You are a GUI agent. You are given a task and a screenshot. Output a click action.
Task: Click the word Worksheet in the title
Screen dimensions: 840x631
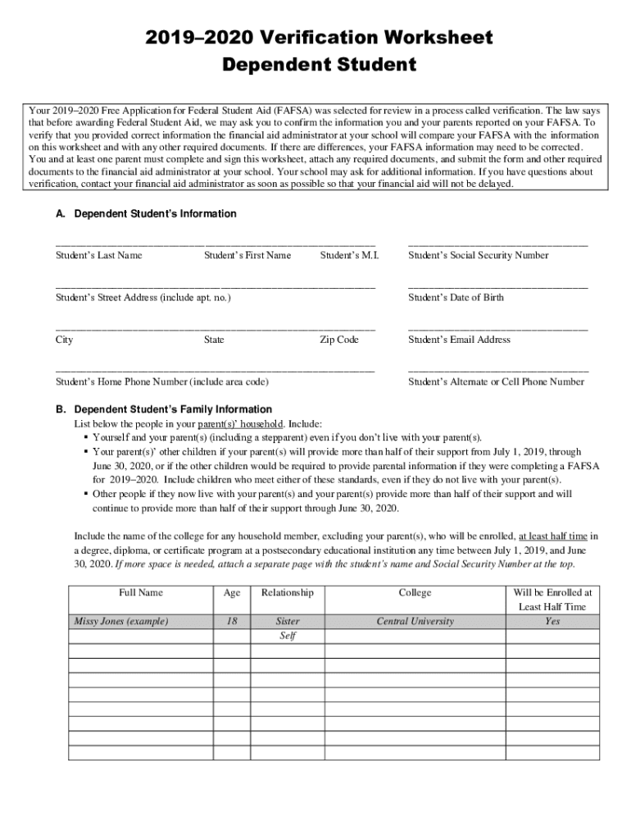pyautogui.click(x=424, y=37)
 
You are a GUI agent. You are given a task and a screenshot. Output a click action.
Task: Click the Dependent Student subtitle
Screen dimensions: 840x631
pyautogui.click(x=315, y=65)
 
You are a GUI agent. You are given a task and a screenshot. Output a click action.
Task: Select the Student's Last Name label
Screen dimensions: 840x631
pyautogui.click(x=98, y=255)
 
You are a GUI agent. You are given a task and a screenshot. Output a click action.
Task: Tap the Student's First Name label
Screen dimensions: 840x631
pyautogui.click(x=247, y=255)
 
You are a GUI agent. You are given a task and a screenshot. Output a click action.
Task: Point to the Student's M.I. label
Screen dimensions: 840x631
pyautogui.click(x=349, y=255)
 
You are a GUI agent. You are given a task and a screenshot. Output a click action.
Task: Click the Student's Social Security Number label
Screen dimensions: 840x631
pyautogui.click(x=479, y=255)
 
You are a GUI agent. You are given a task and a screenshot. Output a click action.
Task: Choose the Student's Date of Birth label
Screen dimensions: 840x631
pyautogui.click(x=456, y=297)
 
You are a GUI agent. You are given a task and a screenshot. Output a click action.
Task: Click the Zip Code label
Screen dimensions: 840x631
pyautogui.click(x=339, y=340)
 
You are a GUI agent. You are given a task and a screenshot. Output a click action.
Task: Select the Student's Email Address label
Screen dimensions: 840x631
pyautogui.click(x=459, y=340)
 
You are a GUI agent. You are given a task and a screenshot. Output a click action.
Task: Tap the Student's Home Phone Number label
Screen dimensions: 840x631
pyautogui.click(x=161, y=381)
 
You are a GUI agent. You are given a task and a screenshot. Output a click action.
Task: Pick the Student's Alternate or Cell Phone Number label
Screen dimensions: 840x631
pyautogui.click(x=496, y=381)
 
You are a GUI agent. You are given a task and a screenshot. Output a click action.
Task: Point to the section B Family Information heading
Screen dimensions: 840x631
pyautogui.click(x=173, y=409)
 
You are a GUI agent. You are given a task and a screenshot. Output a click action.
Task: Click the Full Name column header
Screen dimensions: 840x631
pyautogui.click(x=140, y=592)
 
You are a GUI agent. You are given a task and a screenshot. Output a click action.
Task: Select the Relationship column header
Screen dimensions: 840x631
pyautogui.click(x=287, y=592)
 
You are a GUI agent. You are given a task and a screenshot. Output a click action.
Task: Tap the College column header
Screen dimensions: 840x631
pyautogui.click(x=415, y=592)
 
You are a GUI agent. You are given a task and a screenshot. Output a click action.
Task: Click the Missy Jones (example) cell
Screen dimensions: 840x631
pyautogui.click(x=121, y=621)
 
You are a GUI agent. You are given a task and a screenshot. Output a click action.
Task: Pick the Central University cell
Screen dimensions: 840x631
pyautogui.click(x=415, y=621)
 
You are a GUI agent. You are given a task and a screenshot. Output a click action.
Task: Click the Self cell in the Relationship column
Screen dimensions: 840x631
pyautogui.click(x=287, y=636)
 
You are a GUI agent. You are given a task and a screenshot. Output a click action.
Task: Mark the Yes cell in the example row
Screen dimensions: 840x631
pyautogui.click(x=552, y=621)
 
